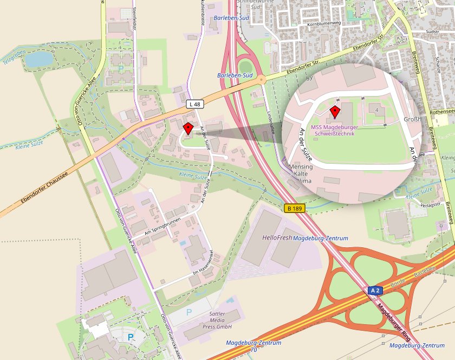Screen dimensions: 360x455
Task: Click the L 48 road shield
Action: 196,104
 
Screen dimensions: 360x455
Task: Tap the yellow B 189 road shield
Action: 294,208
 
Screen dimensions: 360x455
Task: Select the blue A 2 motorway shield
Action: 375,291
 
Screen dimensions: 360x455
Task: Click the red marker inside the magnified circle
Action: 335,112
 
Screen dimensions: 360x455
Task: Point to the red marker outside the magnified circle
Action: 188,128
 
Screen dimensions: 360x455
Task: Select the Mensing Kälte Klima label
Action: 301,173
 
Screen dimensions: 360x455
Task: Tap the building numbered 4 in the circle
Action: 376,110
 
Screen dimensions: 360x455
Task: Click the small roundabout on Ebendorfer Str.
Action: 262,80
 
